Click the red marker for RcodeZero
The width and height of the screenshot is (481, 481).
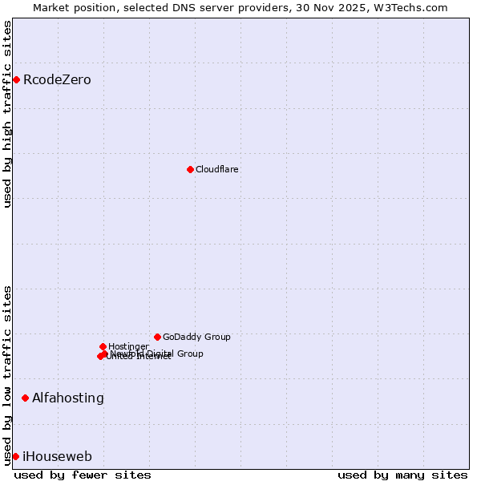[16, 79]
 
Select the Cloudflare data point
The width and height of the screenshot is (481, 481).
[190, 169]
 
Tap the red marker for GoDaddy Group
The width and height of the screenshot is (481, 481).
[157, 337]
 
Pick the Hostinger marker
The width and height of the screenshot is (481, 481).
[103, 346]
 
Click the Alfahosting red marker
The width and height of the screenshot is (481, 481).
[25, 398]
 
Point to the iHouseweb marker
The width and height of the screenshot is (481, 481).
[15, 456]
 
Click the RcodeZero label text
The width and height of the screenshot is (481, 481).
[57, 79]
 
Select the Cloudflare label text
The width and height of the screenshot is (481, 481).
[217, 169]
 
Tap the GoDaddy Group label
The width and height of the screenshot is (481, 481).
[196, 337]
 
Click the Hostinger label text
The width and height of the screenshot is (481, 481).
[128, 346]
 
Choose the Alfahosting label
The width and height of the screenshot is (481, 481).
[68, 398]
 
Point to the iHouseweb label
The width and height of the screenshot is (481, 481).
[57, 456]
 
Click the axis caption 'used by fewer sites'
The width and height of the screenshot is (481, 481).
[83, 475]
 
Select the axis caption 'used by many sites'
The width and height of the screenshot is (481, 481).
[402, 475]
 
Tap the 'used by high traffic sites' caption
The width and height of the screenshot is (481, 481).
[7, 114]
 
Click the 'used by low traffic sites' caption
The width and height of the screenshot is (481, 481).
[7, 374]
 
